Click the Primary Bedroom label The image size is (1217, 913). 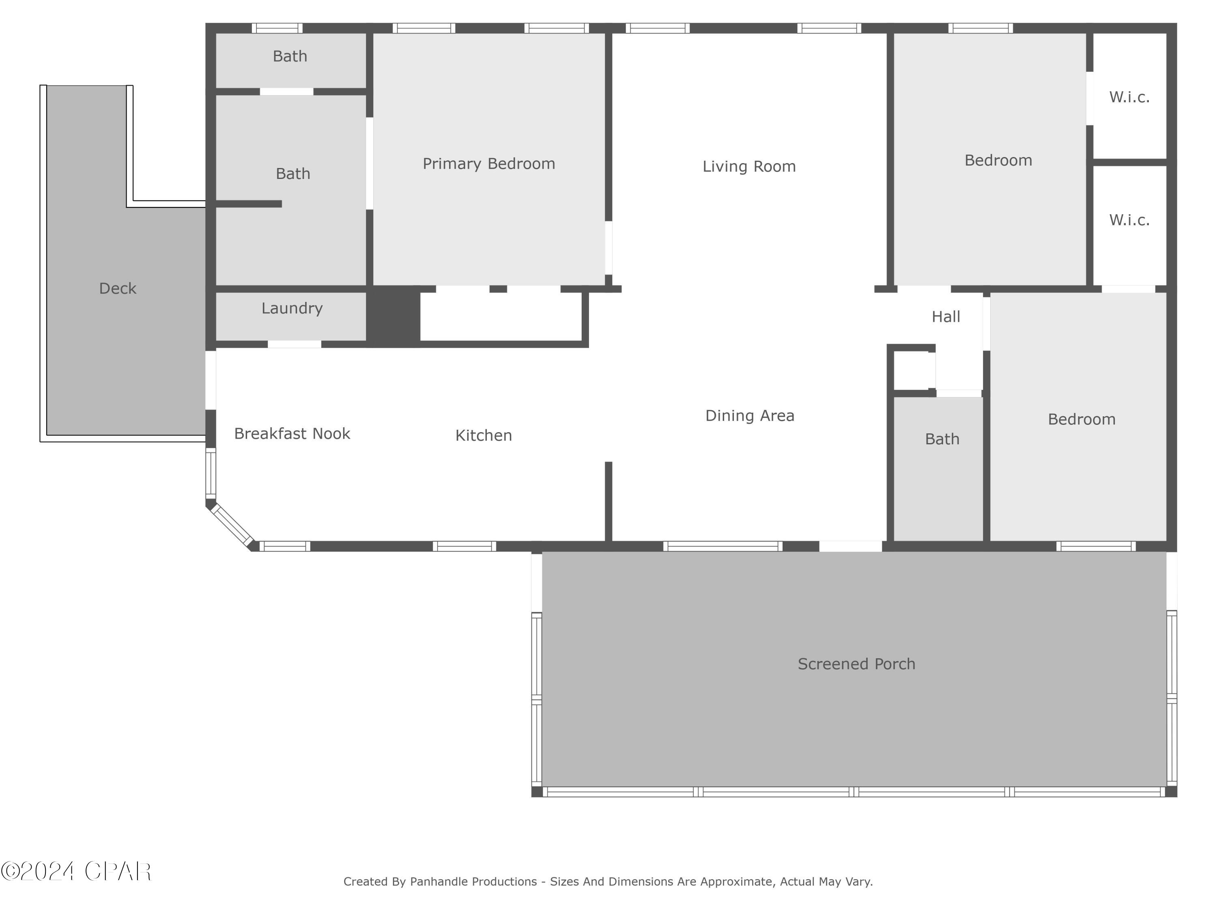point(488,164)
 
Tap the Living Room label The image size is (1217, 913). point(749,167)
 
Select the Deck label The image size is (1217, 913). point(117,289)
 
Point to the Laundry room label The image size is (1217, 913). point(292,308)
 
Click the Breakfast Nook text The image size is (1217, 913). point(292,434)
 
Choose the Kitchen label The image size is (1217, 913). point(483,436)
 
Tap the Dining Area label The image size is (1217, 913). point(749,416)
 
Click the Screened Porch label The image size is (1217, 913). point(856,664)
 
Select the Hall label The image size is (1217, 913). point(945,317)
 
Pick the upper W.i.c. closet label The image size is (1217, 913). point(1129,97)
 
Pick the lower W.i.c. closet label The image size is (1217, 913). point(1129,220)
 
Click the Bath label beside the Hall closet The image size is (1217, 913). point(942,439)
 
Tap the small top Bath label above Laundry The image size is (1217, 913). point(290,56)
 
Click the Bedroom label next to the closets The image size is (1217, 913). point(998,161)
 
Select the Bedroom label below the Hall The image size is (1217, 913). point(1081,419)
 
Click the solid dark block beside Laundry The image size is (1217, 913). point(393,317)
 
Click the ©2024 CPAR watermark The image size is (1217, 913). point(76,871)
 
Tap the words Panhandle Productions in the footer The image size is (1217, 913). point(473,882)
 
